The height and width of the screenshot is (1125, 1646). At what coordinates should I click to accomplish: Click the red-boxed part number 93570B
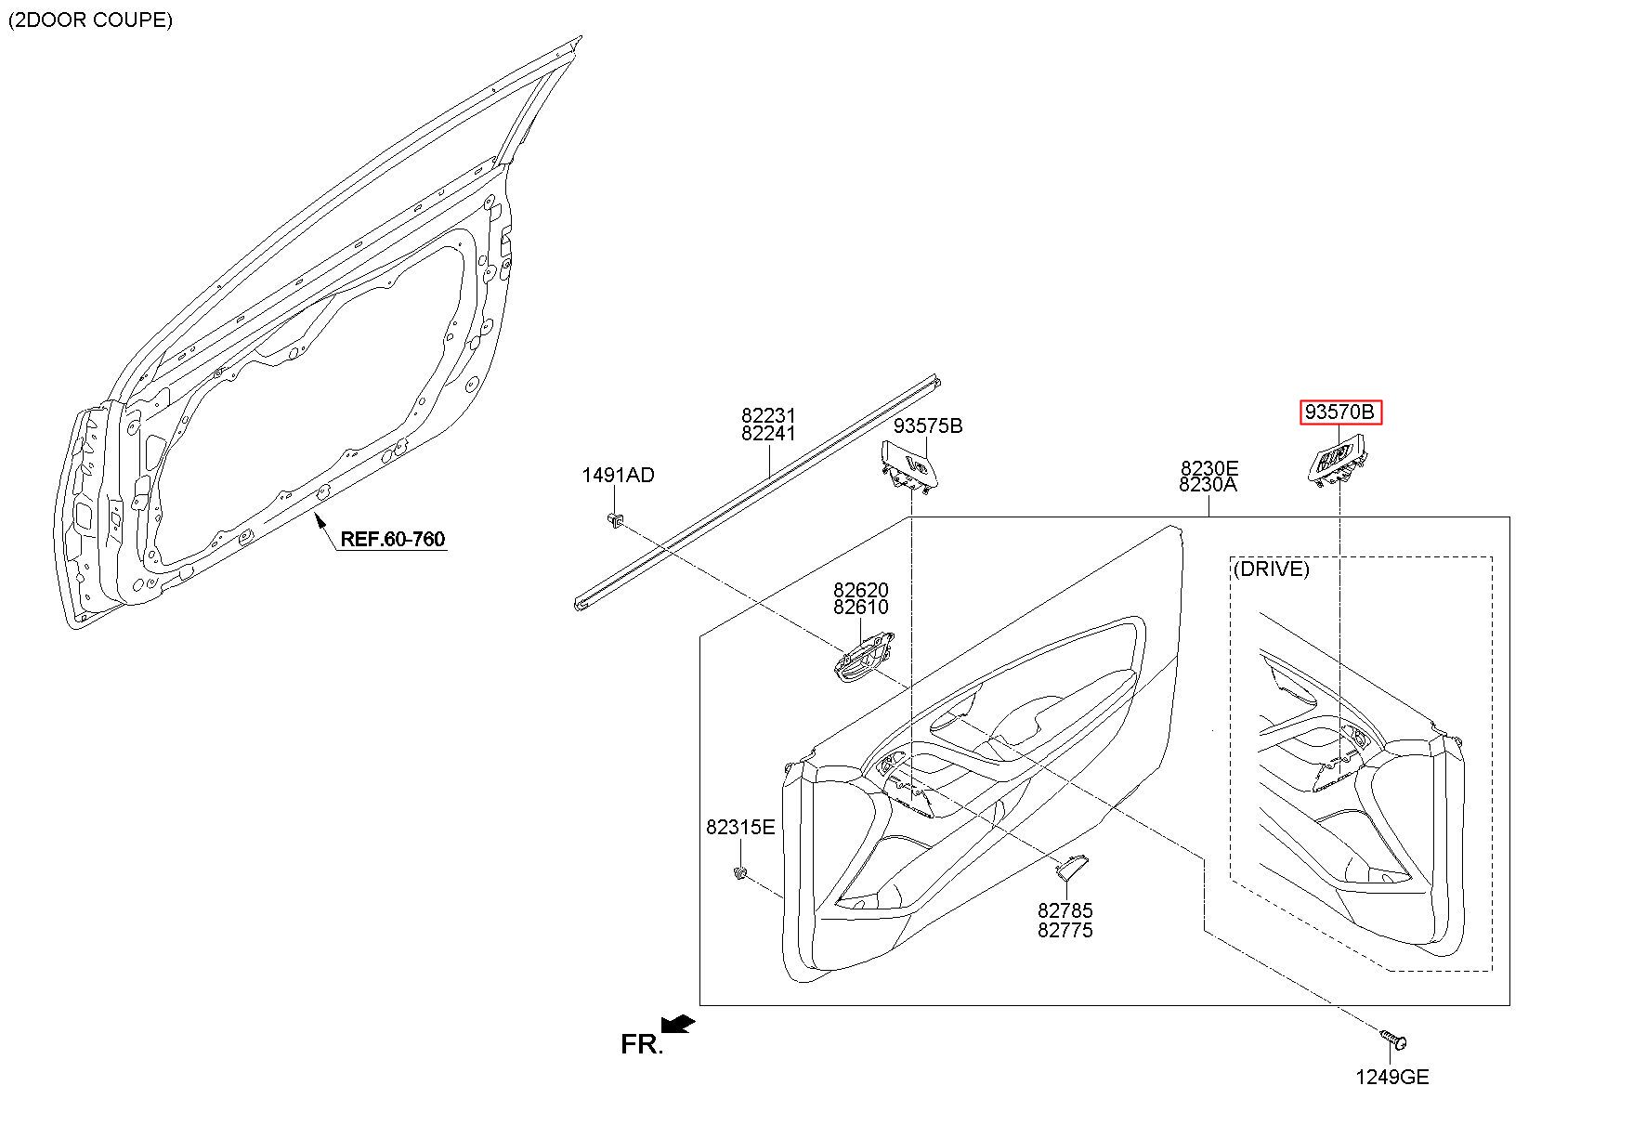[1339, 412]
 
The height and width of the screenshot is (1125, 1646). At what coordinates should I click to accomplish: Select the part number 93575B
[928, 425]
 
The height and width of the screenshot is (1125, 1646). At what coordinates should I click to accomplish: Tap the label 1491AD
[618, 475]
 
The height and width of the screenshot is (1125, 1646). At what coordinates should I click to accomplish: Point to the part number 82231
[768, 415]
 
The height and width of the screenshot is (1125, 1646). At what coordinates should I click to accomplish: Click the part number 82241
[768, 433]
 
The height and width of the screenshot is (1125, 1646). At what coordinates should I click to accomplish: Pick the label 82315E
[739, 827]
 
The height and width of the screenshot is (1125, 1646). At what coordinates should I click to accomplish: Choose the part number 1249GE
[1391, 1077]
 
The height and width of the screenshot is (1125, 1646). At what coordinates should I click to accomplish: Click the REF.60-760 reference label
[392, 539]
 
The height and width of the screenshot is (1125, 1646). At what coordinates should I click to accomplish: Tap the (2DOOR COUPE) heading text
[90, 20]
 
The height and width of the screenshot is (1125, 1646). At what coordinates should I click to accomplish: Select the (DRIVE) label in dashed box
[1271, 569]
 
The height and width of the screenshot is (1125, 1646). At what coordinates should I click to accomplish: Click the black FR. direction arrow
[679, 1024]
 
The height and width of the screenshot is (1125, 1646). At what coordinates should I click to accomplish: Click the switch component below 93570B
[1338, 464]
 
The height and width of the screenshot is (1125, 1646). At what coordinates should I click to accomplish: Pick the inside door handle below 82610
[862, 656]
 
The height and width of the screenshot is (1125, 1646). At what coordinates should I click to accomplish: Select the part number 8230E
[1209, 467]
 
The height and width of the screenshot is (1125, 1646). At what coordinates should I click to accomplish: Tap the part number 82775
[1065, 930]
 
